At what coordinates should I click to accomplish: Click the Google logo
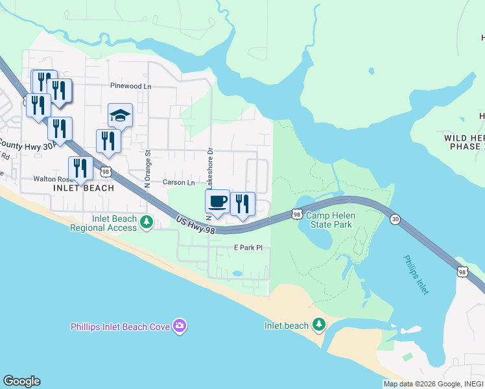[x=21, y=381]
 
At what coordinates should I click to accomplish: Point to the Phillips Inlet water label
[x=414, y=275]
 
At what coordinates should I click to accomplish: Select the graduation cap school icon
[x=120, y=115]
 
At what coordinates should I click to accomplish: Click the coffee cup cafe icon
[x=218, y=202]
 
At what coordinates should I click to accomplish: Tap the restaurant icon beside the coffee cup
[x=242, y=204]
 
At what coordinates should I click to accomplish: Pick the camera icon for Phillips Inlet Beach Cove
[x=180, y=325]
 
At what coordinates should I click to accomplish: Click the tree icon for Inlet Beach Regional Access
[x=147, y=223]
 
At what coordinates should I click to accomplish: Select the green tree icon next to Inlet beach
[x=318, y=324]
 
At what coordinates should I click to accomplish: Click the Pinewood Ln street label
[x=130, y=86]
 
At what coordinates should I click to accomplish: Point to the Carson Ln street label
[x=178, y=183]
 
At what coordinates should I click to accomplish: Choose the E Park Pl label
[x=248, y=248]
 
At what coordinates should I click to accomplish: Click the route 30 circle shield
[x=395, y=220]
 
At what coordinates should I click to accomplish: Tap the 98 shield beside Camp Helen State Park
[x=296, y=213]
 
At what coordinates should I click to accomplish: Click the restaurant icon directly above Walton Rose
[x=80, y=169]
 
